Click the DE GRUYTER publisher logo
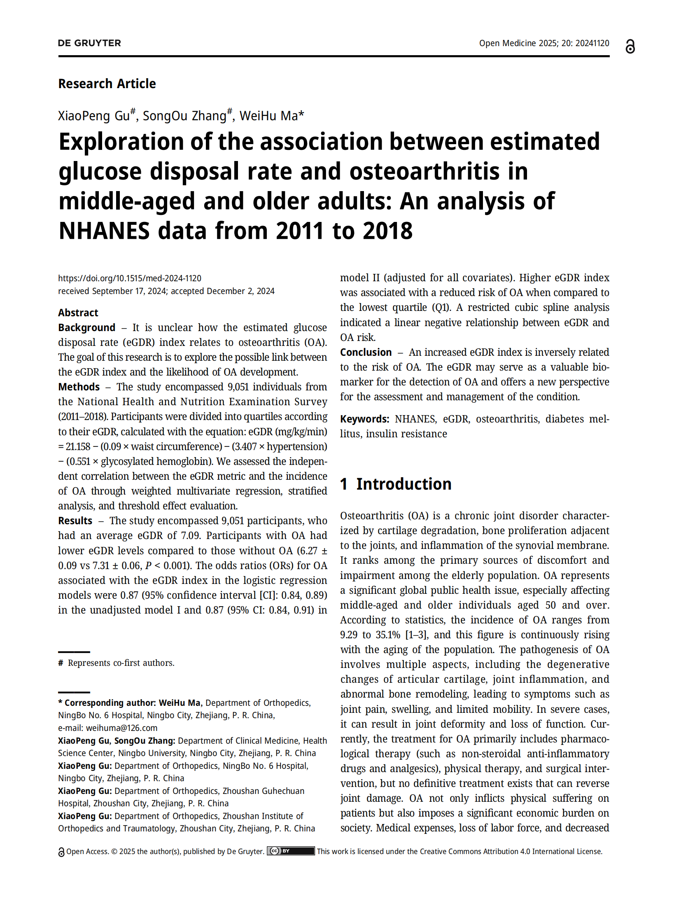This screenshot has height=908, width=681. (89, 43)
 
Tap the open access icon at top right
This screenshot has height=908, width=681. (630, 47)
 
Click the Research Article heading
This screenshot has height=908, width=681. (107, 84)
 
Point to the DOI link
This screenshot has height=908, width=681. (129, 278)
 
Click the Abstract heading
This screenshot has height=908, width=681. (78, 313)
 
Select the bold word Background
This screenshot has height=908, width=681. (87, 327)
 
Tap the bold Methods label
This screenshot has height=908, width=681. (79, 387)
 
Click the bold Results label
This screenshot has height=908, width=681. (75, 521)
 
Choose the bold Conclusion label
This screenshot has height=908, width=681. (366, 352)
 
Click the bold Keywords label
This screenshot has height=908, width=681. (364, 419)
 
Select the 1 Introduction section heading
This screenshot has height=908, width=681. (396, 484)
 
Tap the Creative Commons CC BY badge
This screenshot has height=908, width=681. (290, 851)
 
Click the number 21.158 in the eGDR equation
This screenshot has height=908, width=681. (78, 446)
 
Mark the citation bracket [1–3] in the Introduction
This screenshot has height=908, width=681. (417, 635)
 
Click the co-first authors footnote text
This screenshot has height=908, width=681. (121, 663)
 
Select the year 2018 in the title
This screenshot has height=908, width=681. (387, 231)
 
